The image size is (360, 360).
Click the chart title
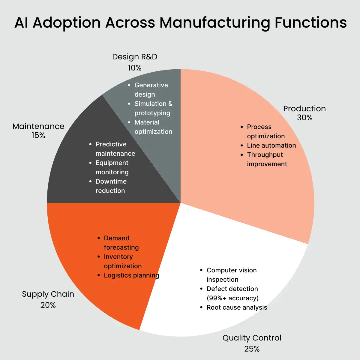[x=180, y=22]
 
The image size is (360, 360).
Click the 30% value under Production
[x=304, y=118]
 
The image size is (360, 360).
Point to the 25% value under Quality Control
[x=252, y=349]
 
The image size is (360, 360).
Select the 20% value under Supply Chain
[x=48, y=305]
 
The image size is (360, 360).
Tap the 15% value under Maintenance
[x=38, y=136]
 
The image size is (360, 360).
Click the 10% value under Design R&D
[x=135, y=68]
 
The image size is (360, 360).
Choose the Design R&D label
[x=135, y=57]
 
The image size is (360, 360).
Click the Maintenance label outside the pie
[x=38, y=126]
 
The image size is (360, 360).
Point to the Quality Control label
[x=252, y=338]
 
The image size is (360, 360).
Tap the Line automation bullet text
[x=271, y=145]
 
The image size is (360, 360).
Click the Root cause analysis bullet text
[x=237, y=307]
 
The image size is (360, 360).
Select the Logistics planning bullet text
[x=131, y=275]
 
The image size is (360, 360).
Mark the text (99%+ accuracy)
[x=232, y=298]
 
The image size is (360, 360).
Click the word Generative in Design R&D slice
[x=151, y=85]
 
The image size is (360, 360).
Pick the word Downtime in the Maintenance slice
[x=111, y=181]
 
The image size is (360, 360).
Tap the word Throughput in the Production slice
[x=265, y=155]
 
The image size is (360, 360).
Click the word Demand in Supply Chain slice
[x=116, y=238]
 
